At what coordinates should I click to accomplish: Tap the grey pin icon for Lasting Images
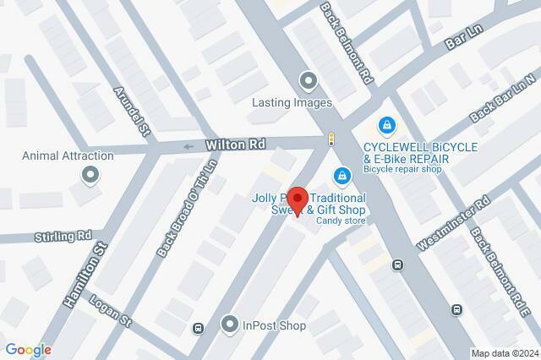pyautogui.click(x=308, y=81)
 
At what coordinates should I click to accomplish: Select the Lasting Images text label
pyautogui.click(x=292, y=103)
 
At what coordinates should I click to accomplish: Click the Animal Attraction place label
pyautogui.click(x=68, y=155)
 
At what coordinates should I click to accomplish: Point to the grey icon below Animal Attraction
pyautogui.click(x=90, y=175)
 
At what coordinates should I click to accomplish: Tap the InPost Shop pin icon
pyautogui.click(x=228, y=324)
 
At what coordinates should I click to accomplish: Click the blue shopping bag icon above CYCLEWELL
pyautogui.click(x=386, y=125)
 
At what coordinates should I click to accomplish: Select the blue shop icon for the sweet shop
pyautogui.click(x=342, y=177)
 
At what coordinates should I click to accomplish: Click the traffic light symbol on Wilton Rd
pyautogui.click(x=332, y=139)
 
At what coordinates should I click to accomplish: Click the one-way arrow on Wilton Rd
pyautogui.click(x=188, y=147)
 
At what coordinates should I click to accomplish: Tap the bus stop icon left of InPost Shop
pyautogui.click(x=199, y=329)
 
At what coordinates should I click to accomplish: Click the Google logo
pyautogui.click(x=28, y=350)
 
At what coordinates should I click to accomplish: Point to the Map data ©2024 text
pyautogui.click(x=504, y=353)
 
